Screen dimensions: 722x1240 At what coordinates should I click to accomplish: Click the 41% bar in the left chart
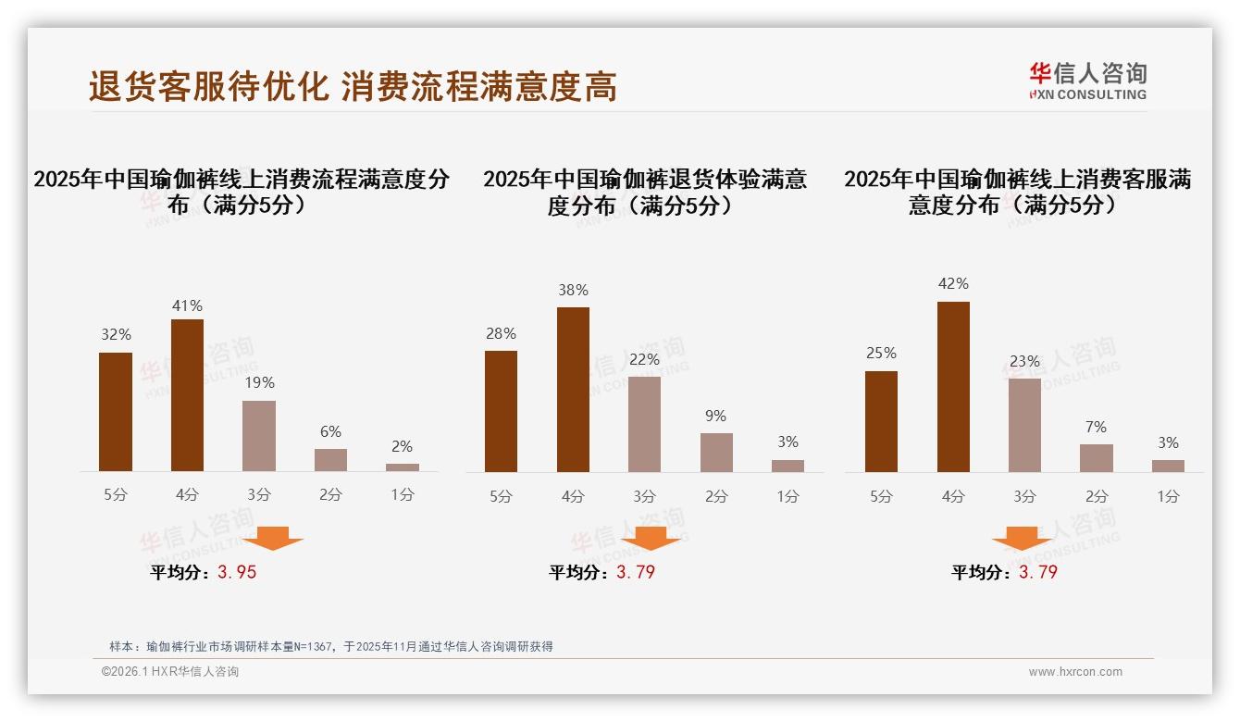point(187,395)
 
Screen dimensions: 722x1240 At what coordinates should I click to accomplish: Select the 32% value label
point(116,335)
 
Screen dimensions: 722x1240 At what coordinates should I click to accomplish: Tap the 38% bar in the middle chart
point(573,390)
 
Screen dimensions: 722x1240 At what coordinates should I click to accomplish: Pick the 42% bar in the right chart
point(953,387)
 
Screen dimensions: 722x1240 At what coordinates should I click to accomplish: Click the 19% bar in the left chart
point(259,436)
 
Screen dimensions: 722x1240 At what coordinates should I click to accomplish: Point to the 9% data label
point(715,417)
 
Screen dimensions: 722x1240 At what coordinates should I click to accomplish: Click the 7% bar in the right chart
point(1097,457)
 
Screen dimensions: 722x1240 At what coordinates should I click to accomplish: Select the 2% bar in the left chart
point(403,467)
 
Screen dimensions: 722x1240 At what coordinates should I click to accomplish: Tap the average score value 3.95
point(237,572)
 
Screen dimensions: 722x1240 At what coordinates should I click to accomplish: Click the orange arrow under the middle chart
point(651,538)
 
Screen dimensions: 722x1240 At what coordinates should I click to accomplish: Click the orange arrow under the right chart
point(1022,538)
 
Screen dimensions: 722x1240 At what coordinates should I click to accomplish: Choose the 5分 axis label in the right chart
point(881,496)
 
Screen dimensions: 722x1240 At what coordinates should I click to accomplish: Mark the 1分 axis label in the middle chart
point(787,496)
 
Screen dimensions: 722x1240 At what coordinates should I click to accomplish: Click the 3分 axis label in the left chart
point(259,495)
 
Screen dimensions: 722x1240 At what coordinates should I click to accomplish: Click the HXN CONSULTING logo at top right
point(1087,81)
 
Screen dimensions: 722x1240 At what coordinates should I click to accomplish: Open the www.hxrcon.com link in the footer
point(1075,672)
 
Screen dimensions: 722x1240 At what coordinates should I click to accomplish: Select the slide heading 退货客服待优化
point(209,87)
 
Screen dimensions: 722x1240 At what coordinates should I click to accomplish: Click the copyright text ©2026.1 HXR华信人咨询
point(170,672)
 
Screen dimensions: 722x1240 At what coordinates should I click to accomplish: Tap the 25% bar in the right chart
point(881,421)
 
